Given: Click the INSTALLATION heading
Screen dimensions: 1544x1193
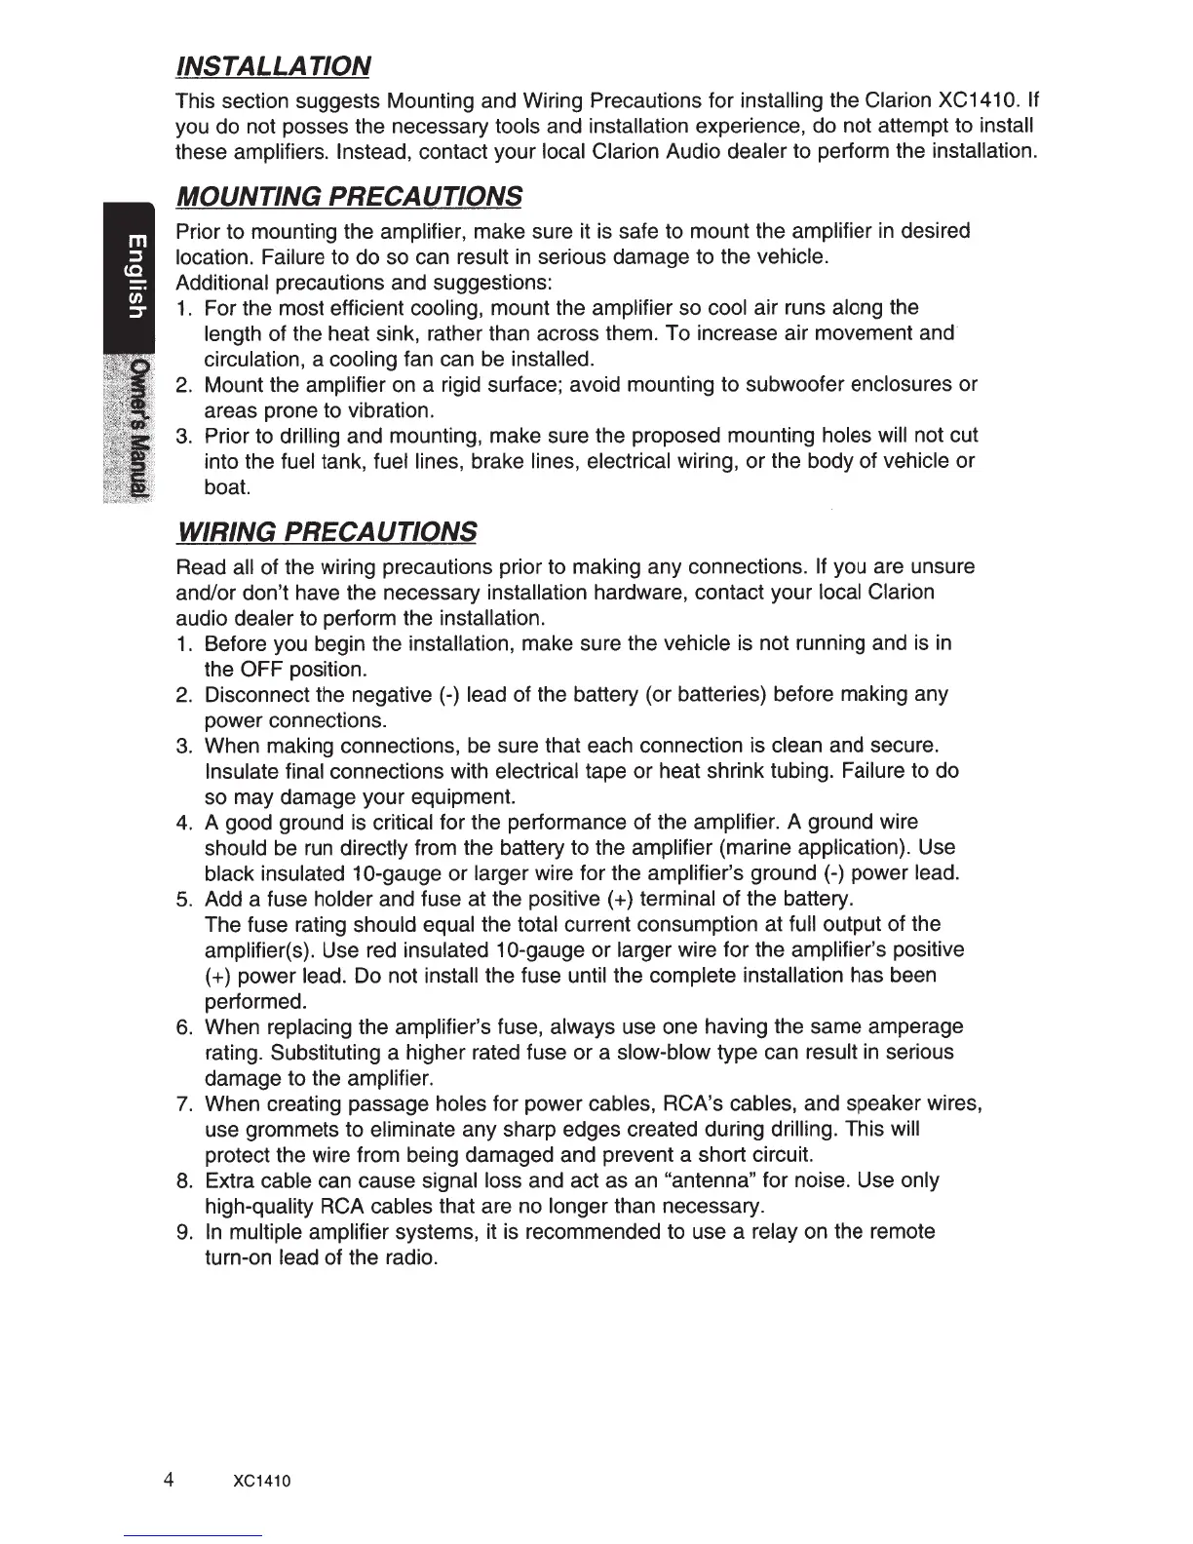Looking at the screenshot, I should coord(272,66).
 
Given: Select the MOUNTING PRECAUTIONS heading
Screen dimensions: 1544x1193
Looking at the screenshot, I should coord(348,196).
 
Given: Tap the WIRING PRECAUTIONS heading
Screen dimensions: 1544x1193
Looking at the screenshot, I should coord(326,532).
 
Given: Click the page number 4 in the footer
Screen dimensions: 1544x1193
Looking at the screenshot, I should coord(169,1480).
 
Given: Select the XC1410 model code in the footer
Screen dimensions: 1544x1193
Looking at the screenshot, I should coord(263,1482).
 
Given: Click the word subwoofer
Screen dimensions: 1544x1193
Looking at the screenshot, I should coord(796,385).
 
